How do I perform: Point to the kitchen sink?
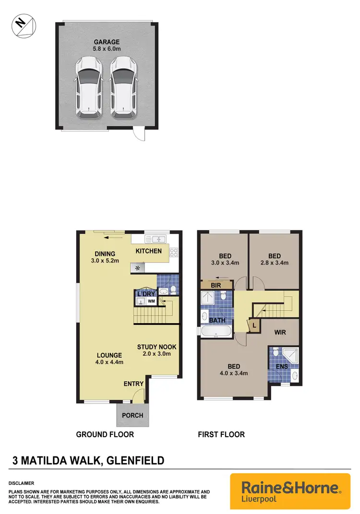click(x=156, y=239)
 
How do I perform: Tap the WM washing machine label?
click(x=151, y=301)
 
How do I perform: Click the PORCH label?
click(x=132, y=415)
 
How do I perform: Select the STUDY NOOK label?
click(x=157, y=347)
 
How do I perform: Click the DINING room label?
click(x=105, y=254)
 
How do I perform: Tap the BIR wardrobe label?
click(x=216, y=286)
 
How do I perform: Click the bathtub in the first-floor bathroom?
click(x=216, y=331)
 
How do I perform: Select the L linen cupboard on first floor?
click(x=253, y=325)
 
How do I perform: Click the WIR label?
click(x=281, y=332)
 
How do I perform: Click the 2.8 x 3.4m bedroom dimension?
click(x=274, y=263)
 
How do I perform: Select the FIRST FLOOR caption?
click(x=221, y=434)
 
